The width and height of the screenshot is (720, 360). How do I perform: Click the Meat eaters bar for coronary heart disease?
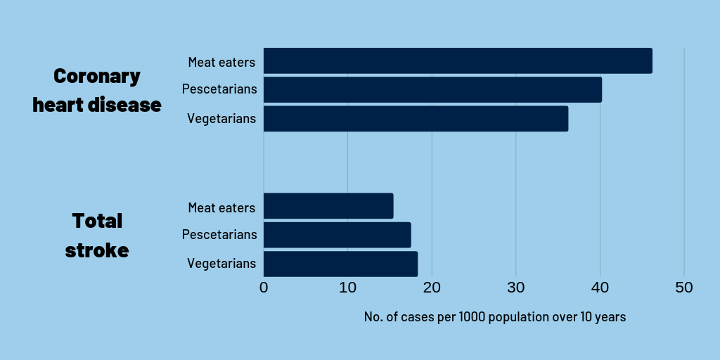tap(458, 61)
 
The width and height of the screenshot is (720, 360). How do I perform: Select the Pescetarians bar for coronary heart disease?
tap(432, 90)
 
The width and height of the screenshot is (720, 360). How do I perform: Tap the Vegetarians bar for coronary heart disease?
tap(416, 119)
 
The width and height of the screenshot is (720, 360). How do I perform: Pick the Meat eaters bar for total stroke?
tap(328, 206)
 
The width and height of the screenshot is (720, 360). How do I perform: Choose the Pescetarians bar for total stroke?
tap(337, 235)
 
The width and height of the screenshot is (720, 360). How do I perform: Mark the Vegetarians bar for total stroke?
tap(340, 264)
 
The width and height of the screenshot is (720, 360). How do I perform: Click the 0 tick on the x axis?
tap(264, 288)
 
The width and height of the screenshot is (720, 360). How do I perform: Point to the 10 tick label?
tap(347, 288)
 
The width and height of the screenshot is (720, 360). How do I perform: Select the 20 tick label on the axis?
tap(432, 288)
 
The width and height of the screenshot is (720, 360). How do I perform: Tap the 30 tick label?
tap(515, 288)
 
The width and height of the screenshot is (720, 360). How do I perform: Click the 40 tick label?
tap(600, 288)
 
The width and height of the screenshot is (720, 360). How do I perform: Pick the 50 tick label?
tap(683, 288)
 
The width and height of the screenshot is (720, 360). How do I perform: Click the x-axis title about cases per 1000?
tap(494, 317)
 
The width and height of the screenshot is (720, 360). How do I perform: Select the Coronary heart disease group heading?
tap(97, 91)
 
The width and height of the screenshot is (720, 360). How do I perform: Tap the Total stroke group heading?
tap(97, 235)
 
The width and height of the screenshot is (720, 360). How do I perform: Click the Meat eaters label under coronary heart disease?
tap(221, 62)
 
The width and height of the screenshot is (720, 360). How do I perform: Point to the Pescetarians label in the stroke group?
tap(219, 235)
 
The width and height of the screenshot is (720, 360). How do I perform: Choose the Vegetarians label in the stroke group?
tap(221, 264)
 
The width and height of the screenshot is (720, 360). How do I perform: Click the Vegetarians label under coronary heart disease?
tap(221, 119)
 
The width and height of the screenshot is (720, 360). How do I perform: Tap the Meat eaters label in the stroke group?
tap(221, 208)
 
